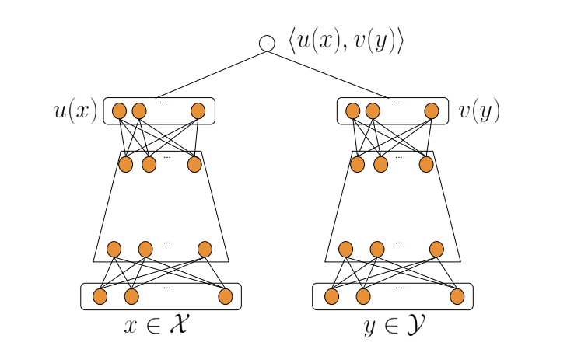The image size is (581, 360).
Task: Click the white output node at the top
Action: tap(267, 43)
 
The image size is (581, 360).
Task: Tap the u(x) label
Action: tap(75, 111)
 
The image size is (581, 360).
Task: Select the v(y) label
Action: tap(479, 111)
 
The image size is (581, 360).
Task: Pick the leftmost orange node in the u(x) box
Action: tap(119, 110)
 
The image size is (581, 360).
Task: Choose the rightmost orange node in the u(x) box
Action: tap(198, 110)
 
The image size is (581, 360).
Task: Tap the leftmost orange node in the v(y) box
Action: tap(352, 110)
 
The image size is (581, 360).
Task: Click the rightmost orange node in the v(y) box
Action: tap(432, 110)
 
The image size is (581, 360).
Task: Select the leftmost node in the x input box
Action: tap(100, 296)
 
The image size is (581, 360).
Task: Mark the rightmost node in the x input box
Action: tap(226, 296)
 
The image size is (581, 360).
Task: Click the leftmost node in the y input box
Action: tap(331, 296)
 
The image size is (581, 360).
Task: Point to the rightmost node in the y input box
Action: tap(457, 296)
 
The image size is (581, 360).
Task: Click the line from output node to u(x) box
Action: tap(212, 74)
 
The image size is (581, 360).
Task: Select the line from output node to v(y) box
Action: tap(327, 74)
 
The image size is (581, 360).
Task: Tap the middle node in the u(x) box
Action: tap(139, 110)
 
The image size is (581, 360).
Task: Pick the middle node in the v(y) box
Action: tap(373, 110)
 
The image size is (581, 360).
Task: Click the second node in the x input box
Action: tap(131, 296)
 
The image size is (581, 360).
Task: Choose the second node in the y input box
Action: tap(363, 296)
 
